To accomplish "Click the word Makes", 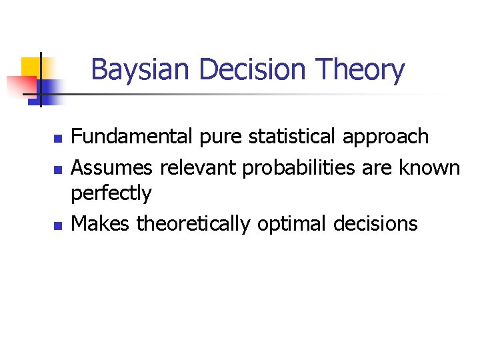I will click(100, 223).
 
